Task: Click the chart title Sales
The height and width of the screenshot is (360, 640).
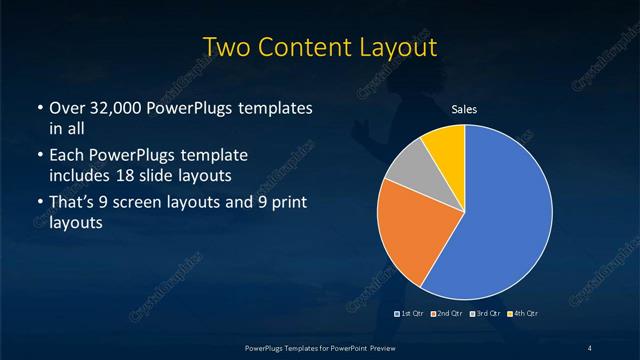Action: click(464, 109)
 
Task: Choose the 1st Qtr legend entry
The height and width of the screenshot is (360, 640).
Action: click(410, 314)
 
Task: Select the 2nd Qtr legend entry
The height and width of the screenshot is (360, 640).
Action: click(446, 314)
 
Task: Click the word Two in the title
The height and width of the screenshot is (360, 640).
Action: click(227, 47)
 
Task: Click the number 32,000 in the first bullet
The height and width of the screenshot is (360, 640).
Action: click(112, 107)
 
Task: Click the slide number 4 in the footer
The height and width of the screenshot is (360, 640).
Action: click(589, 347)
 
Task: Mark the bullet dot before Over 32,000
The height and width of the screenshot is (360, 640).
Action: click(39, 107)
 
